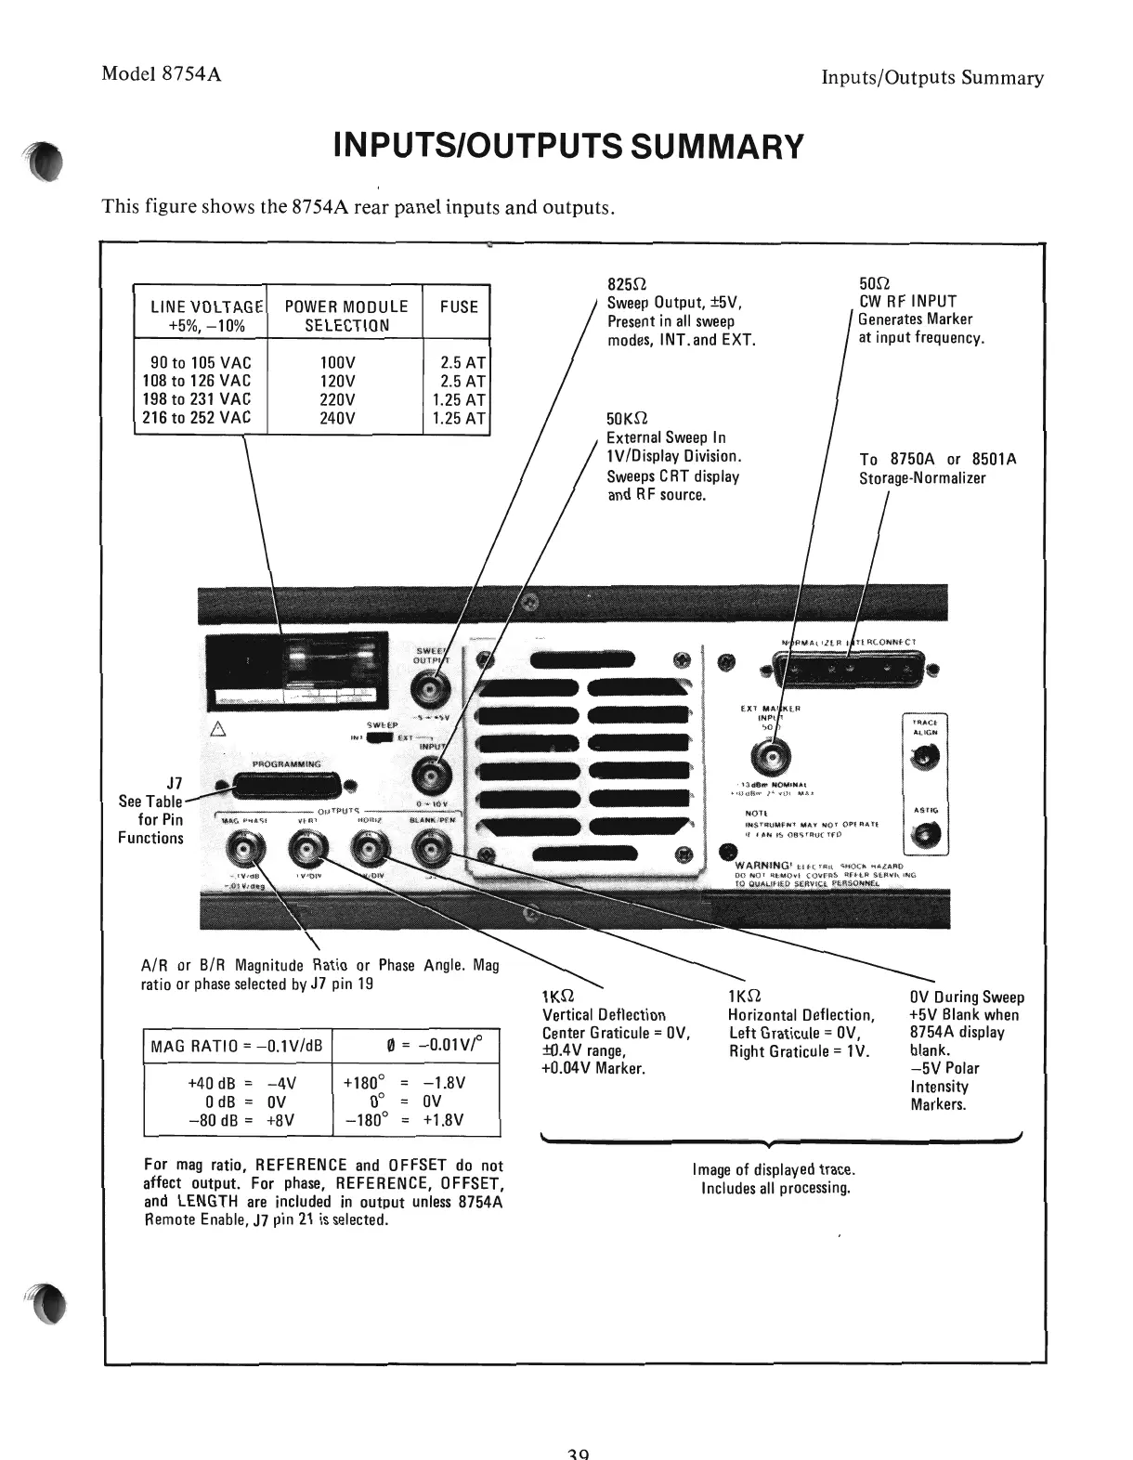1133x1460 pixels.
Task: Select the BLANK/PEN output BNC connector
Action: (430, 848)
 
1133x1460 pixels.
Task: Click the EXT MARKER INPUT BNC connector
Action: (771, 752)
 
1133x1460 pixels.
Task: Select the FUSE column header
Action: (459, 306)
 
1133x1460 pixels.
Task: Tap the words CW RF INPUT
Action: (907, 301)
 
